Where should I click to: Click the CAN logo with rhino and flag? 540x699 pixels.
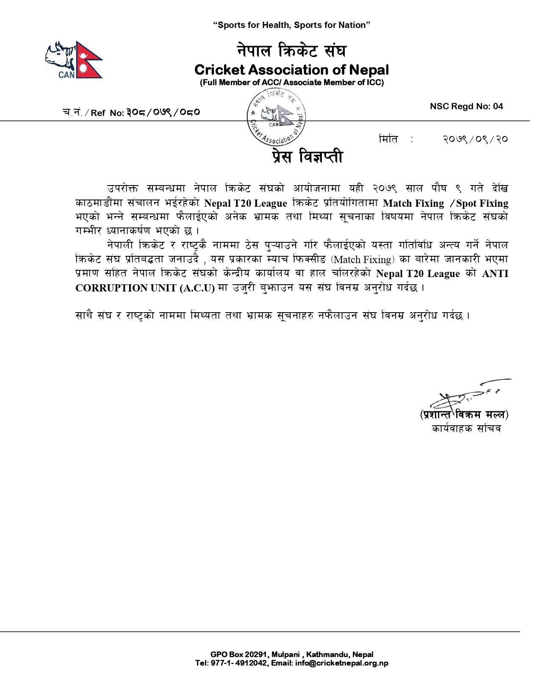[74, 60]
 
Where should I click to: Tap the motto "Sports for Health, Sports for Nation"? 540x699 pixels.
[291, 25]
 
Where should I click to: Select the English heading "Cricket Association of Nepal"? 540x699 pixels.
[291, 69]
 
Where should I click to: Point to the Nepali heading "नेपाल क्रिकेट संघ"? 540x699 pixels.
[291, 50]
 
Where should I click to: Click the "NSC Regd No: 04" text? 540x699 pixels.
[466, 106]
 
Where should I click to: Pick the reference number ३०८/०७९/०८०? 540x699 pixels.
[163, 112]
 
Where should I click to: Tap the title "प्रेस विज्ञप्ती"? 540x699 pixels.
[307, 157]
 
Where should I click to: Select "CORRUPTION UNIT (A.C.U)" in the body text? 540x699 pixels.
[145, 288]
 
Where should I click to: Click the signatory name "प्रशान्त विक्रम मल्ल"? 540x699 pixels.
[464, 414]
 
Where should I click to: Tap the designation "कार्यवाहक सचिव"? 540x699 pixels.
[466, 428]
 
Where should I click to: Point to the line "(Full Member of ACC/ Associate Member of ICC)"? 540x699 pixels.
[291, 83]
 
